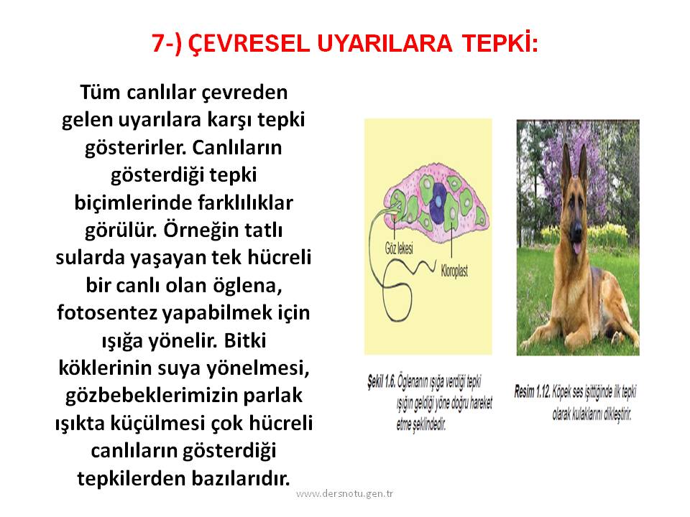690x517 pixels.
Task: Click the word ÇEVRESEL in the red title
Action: click(249, 43)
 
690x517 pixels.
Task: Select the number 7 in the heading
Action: click(158, 44)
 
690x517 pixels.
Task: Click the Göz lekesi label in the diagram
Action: click(399, 249)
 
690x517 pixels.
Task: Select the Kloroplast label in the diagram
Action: click(454, 271)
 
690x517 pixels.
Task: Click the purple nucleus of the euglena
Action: click(438, 202)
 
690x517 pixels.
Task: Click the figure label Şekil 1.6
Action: click(382, 381)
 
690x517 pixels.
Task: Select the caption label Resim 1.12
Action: click(533, 391)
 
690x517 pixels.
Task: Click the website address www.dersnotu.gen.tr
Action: click(344, 494)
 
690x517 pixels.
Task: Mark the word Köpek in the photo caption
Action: click(561, 391)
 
